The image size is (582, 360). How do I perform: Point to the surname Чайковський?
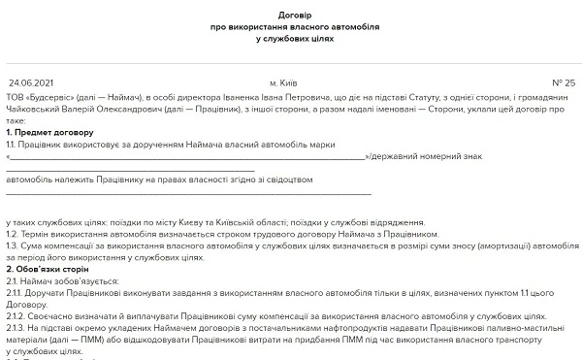point(35,110)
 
